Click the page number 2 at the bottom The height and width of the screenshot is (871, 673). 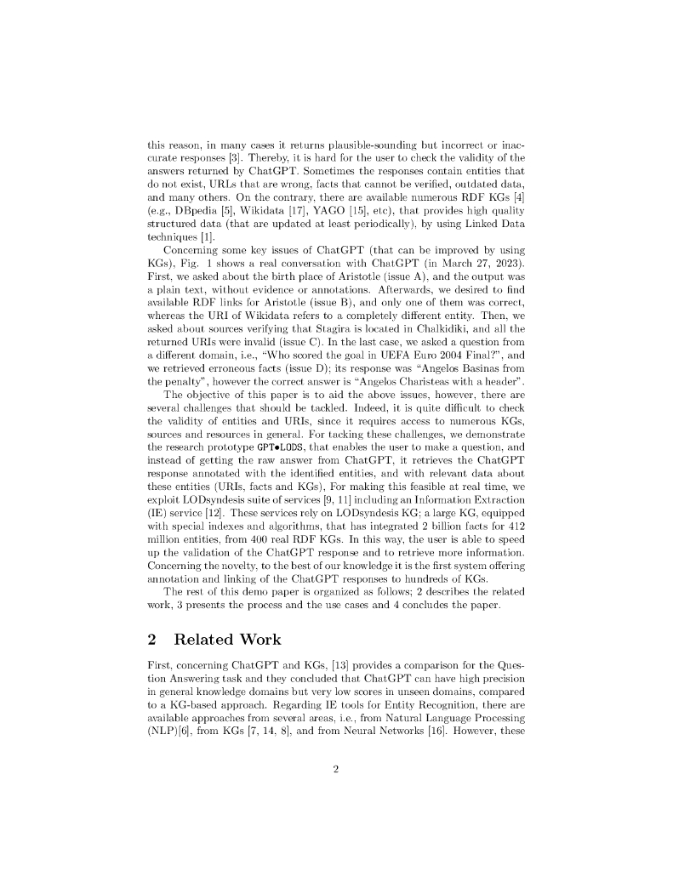click(x=336, y=770)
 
